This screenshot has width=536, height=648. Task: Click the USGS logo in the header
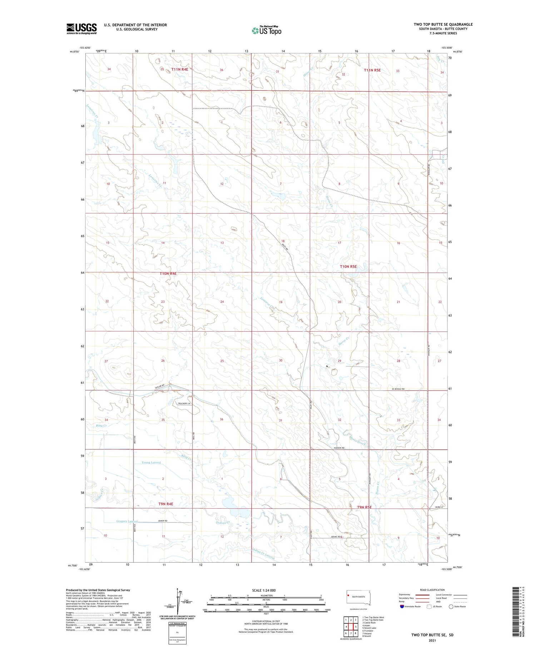pyautogui.click(x=81, y=28)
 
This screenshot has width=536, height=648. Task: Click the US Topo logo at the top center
pyautogui.click(x=266, y=30)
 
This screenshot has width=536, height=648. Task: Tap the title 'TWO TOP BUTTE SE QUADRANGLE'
pyautogui.click(x=443, y=24)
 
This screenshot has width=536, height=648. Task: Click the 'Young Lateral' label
pyautogui.click(x=151, y=462)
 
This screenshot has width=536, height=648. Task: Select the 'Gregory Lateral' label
pyautogui.click(x=127, y=521)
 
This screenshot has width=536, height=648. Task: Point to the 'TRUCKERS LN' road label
pyautogui.click(x=185, y=404)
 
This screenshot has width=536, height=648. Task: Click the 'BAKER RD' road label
pyautogui.click(x=163, y=521)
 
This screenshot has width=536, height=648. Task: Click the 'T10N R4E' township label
pyautogui.click(x=168, y=273)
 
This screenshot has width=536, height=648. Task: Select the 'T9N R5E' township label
pyautogui.click(x=364, y=507)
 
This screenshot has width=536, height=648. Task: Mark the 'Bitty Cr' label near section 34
pyautogui.click(x=101, y=426)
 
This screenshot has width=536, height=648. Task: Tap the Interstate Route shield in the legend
pyautogui.click(x=402, y=607)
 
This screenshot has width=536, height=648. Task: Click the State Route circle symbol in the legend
pyautogui.click(x=451, y=607)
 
